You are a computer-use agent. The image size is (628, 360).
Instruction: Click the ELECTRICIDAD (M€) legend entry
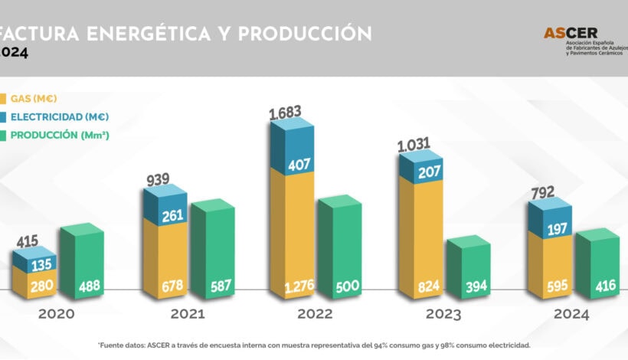coord(58,116)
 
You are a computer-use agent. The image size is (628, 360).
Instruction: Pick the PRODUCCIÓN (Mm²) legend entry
coord(58,135)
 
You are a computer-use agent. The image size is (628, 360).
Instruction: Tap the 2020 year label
coord(57,314)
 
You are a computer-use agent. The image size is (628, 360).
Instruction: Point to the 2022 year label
coord(314,314)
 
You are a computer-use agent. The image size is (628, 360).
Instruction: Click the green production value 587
coord(211,289)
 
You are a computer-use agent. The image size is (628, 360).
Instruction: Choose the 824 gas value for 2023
coord(420,289)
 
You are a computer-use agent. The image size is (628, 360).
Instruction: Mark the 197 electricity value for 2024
coord(550,231)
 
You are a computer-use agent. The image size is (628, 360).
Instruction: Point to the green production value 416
coord(597,289)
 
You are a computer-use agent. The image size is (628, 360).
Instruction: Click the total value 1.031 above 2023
coord(414,144)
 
